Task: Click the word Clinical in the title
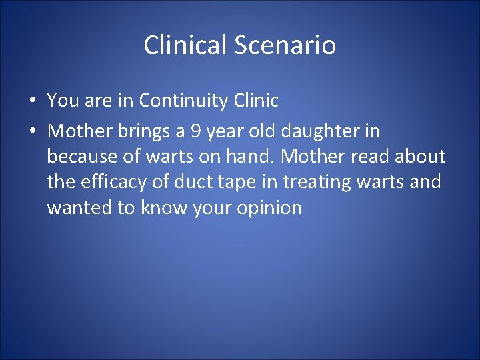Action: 186,45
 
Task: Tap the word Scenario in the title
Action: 285,45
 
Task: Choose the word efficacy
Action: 113,181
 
